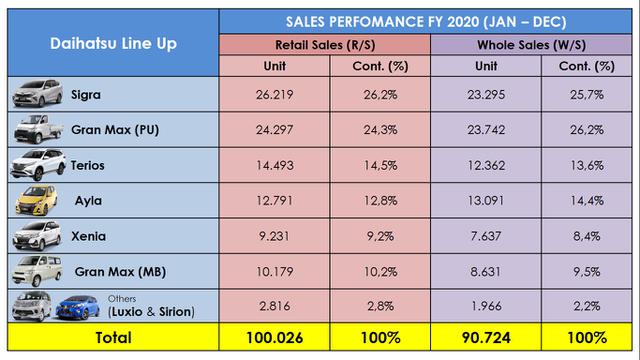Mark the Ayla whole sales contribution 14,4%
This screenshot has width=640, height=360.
[590, 200]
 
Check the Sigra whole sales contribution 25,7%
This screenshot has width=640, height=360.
[590, 96]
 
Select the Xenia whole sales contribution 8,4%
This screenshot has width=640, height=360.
[590, 235]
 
